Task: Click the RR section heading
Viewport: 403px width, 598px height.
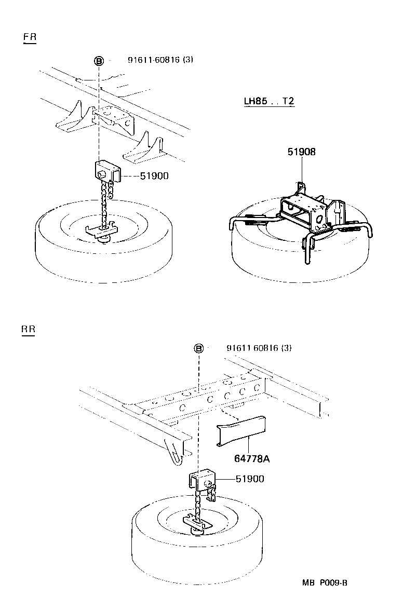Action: (x=28, y=330)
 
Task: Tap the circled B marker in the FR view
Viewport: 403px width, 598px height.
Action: (x=98, y=61)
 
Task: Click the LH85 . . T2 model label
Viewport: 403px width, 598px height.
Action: (x=269, y=101)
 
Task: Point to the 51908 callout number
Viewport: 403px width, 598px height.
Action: (x=302, y=152)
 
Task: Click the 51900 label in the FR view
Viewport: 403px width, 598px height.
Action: (x=154, y=176)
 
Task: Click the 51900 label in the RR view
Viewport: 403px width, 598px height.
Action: (x=249, y=479)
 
